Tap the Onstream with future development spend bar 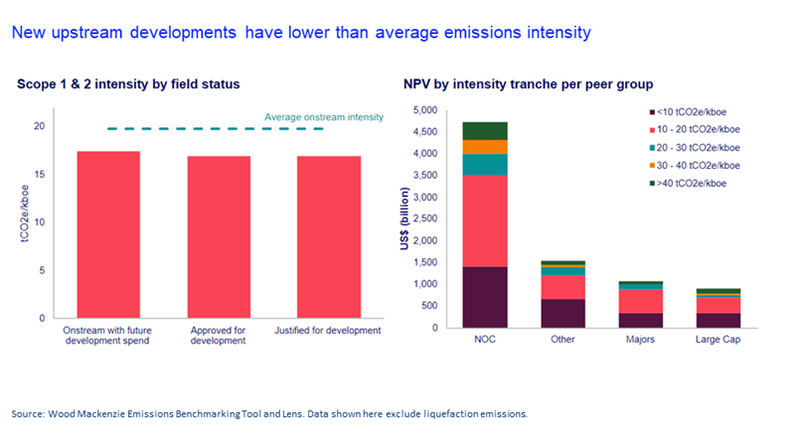[108, 234]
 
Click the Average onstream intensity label [323, 118]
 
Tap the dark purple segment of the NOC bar [485, 297]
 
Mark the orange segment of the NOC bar [485, 147]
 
